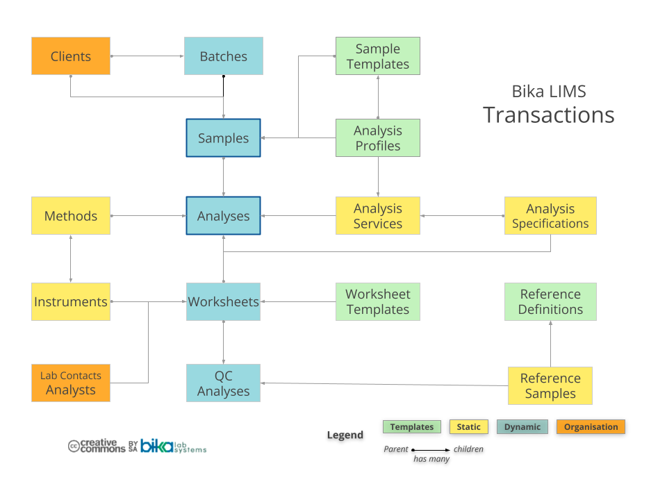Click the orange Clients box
71,56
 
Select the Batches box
223,56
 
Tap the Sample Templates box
377,56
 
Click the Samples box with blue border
223,138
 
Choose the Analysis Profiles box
377,138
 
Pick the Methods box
71,216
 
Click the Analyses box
223,216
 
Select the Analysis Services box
377,216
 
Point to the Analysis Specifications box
550,216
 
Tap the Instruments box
71,302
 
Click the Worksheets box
223,302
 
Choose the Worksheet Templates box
377,302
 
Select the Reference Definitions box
550,302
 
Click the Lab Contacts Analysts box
71,383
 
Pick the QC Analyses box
223,383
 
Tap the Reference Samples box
550,386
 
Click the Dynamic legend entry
522,427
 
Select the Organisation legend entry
591,427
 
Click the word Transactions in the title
548,115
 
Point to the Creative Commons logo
97,446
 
